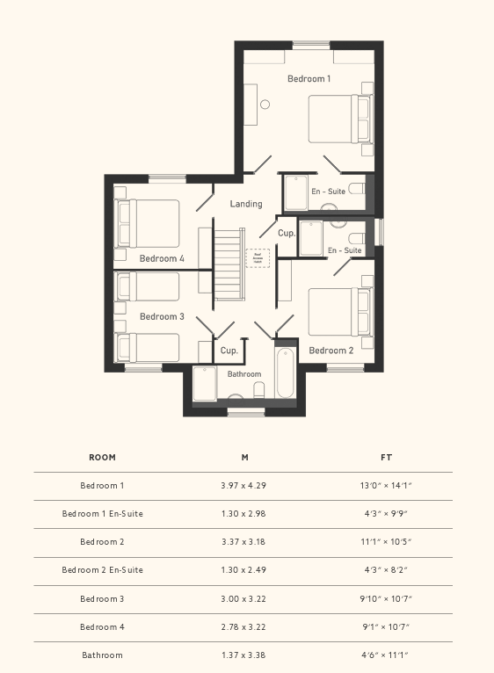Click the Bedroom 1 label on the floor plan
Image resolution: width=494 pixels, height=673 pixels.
[x=309, y=79]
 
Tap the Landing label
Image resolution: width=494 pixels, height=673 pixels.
[x=246, y=204]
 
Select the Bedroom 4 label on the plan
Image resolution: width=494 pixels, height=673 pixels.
[x=162, y=258]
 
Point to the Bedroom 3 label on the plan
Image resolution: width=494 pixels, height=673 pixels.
[x=162, y=316]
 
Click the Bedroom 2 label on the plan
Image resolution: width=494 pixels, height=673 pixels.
[x=331, y=351]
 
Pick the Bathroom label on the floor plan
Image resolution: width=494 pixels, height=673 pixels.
[x=244, y=374]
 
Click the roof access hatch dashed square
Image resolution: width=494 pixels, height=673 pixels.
[x=258, y=257]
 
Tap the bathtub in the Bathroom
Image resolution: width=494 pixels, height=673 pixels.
[x=286, y=374]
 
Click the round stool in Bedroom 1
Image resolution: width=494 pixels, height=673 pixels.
[x=265, y=104]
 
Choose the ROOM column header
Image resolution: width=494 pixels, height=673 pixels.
[x=102, y=458]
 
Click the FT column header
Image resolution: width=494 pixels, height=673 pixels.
[x=386, y=458]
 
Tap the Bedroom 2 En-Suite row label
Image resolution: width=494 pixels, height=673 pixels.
[x=102, y=570]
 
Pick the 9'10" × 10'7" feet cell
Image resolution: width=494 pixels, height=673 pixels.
[x=386, y=598]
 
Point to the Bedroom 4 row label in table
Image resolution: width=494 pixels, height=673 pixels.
[x=102, y=626]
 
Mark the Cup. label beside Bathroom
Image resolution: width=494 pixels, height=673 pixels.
[x=229, y=351]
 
